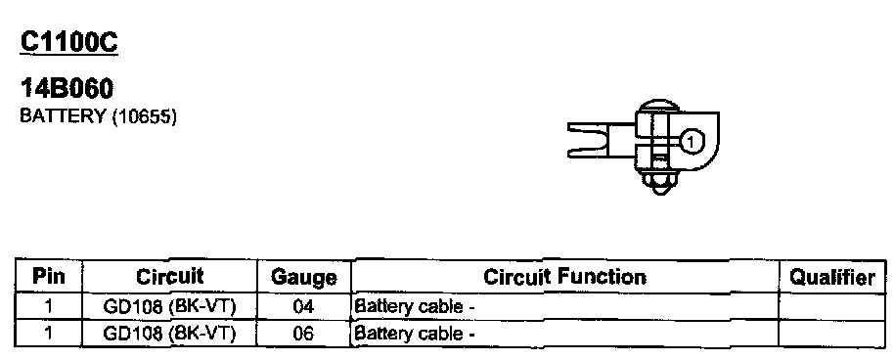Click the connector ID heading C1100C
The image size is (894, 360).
(69, 42)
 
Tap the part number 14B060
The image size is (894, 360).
(67, 88)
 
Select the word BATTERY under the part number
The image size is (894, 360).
(63, 115)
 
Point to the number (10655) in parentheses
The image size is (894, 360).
(145, 116)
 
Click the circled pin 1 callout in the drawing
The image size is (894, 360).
(691, 141)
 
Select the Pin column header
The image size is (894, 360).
(49, 277)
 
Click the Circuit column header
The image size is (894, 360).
(170, 277)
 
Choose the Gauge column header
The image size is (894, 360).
(303, 278)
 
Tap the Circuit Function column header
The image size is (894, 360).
(564, 277)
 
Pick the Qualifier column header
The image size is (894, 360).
(831, 277)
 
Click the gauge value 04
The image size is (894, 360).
(303, 307)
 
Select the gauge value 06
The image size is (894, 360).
(303, 334)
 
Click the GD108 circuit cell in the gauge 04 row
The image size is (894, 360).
(169, 307)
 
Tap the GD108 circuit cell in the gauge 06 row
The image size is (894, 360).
(169, 334)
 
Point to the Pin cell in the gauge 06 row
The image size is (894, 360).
(49, 334)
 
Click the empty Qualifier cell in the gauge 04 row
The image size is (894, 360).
(831, 307)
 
